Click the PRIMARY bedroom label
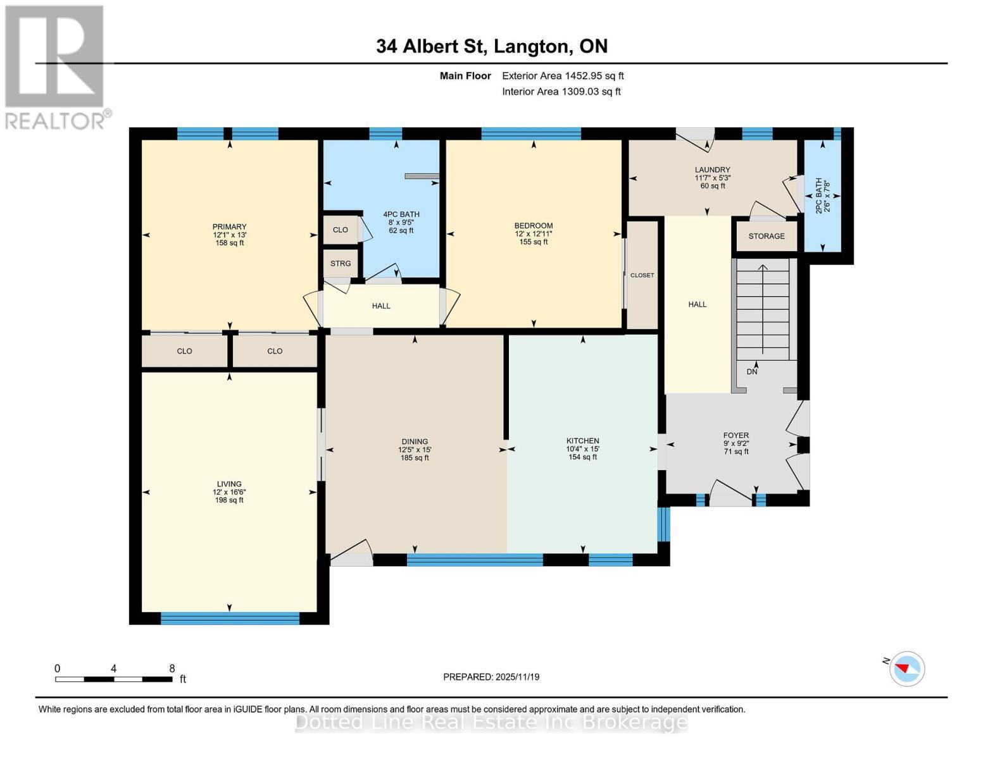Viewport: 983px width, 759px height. (229, 227)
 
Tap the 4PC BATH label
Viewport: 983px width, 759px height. (401, 214)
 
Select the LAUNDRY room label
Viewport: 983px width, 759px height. (712, 170)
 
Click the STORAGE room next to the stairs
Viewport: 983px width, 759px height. (767, 236)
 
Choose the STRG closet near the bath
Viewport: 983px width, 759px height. (341, 264)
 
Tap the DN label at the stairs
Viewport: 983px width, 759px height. (752, 372)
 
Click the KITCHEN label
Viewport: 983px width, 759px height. (582, 441)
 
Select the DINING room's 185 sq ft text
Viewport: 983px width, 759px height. (415, 458)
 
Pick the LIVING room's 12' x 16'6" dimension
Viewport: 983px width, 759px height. (229, 492)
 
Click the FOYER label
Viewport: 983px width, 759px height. (736, 435)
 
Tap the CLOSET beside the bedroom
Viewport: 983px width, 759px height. (642, 275)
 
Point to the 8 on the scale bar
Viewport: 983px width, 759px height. (172, 669)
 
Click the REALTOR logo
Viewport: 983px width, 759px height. (55, 66)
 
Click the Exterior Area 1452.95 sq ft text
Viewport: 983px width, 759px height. (563, 76)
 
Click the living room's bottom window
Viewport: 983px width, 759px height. (230, 619)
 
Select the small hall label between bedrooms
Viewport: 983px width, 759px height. (381, 306)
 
